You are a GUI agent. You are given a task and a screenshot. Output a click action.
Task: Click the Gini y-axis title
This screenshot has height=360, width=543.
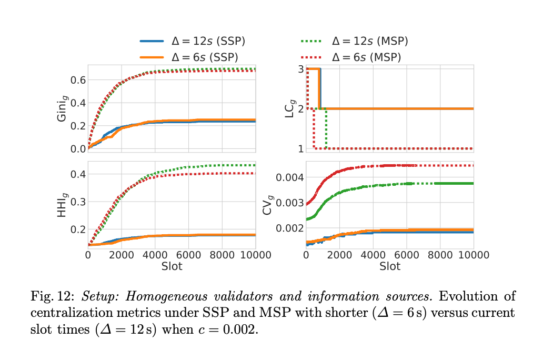(x=63, y=108)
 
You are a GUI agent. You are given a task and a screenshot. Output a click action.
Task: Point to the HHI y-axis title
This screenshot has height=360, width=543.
(x=63, y=205)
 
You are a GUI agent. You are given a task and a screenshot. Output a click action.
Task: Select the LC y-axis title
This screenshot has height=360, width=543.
(x=289, y=108)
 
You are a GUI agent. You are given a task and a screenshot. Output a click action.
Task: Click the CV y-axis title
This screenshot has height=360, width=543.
(x=268, y=205)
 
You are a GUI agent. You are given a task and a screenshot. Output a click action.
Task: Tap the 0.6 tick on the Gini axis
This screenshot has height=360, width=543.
(x=78, y=80)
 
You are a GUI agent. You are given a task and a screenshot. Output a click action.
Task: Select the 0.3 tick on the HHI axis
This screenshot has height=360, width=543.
(x=78, y=202)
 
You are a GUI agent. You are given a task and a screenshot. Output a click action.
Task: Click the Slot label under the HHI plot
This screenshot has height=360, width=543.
(x=172, y=266)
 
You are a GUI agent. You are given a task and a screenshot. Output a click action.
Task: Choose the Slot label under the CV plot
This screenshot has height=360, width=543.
(x=390, y=266)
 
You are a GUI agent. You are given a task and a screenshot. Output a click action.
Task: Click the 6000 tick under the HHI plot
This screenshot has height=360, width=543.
(x=188, y=255)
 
